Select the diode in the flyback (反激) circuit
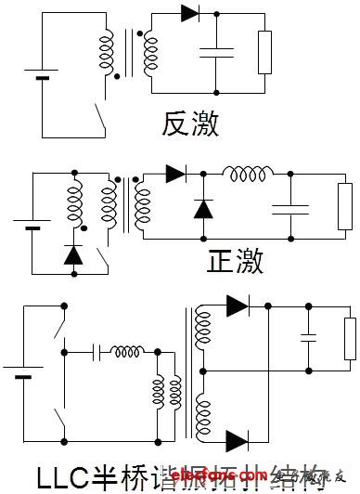(x=191, y=13)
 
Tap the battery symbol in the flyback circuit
(x=42, y=73)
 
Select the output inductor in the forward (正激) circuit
(x=247, y=174)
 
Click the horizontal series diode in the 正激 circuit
(x=176, y=173)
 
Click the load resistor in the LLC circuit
(x=350, y=338)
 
